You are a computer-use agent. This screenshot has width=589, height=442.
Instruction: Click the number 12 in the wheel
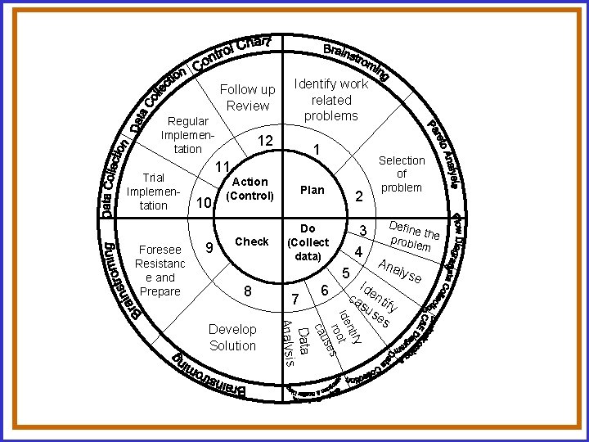[264, 142]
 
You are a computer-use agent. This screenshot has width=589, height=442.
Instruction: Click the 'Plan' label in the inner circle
[312, 190]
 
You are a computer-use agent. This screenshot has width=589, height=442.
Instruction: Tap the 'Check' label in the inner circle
[251, 241]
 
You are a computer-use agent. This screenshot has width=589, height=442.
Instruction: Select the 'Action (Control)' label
[250, 189]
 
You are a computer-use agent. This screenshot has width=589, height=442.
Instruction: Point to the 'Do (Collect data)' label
[308, 242]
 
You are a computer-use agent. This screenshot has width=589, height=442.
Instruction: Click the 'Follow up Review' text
[248, 97]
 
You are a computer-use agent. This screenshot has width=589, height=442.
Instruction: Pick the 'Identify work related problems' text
[331, 100]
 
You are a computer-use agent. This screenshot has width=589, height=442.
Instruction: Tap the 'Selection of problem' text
[402, 174]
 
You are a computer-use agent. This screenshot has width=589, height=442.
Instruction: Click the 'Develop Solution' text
[232, 337]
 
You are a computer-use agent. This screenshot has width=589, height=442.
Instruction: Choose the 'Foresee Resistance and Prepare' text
[160, 270]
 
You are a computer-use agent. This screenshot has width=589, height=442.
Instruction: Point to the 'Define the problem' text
[413, 236]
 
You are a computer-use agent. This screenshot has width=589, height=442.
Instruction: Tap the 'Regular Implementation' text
[187, 135]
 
